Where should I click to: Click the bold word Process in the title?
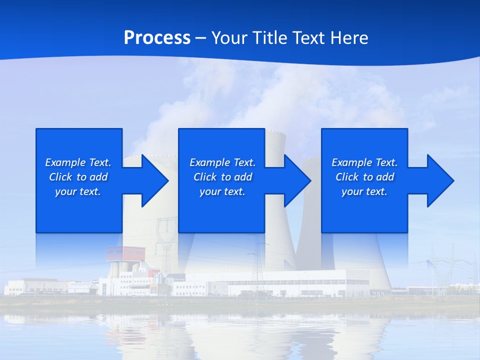157,38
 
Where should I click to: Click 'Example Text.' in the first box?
78,162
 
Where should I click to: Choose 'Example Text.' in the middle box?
222,162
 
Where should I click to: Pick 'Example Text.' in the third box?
364,162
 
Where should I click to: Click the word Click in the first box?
60,177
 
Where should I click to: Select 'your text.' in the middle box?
222,191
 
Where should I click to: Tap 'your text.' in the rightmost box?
364,191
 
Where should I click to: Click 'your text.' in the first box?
78,191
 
